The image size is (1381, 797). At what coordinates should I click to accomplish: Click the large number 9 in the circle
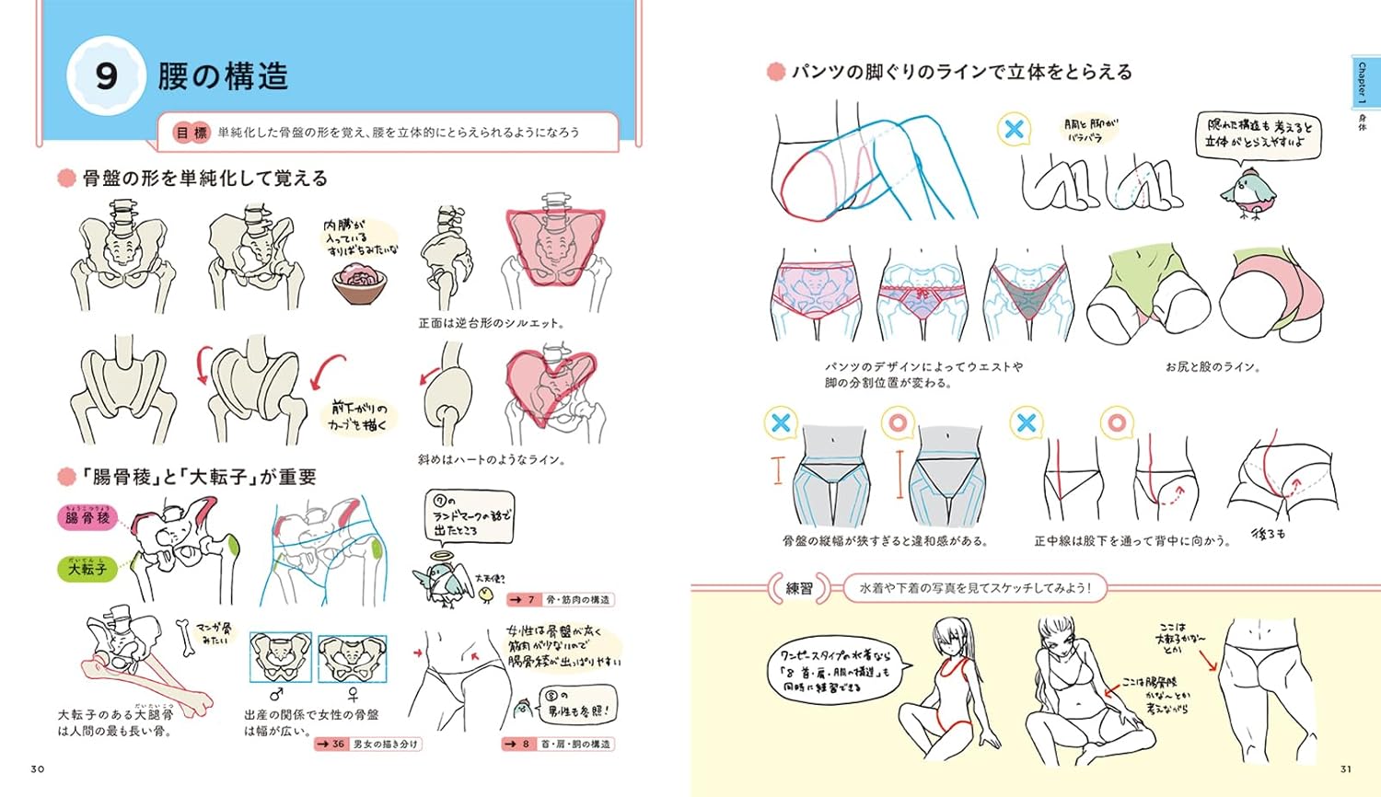click(x=107, y=75)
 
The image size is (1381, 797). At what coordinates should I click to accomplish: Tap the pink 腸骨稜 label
click(x=87, y=518)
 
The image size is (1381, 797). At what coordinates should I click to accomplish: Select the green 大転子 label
click(x=87, y=569)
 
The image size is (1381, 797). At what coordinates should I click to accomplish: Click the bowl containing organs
click(x=360, y=281)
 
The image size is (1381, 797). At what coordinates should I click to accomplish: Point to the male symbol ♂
click(x=276, y=695)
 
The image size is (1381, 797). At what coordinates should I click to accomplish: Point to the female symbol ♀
click(x=352, y=695)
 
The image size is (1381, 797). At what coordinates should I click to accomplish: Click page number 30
click(x=37, y=769)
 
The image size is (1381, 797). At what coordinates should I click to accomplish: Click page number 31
click(x=1346, y=769)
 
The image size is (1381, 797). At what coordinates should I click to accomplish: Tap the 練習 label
click(x=799, y=588)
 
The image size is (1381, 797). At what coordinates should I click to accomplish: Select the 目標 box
click(x=192, y=133)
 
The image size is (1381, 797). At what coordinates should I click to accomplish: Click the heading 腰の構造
click(x=223, y=75)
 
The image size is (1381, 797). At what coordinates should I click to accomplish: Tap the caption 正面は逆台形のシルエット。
click(x=492, y=323)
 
